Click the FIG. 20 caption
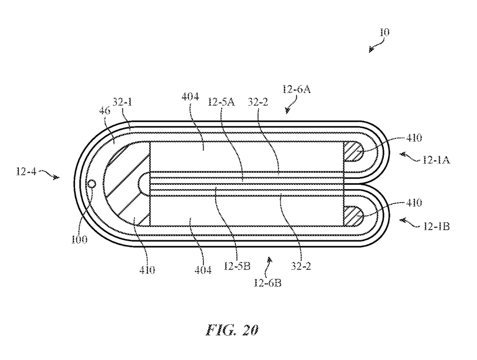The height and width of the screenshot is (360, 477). click(232, 330)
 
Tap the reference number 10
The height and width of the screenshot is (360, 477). click(384, 32)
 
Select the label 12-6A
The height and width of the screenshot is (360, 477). click(297, 89)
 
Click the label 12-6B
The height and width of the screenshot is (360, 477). click(267, 283)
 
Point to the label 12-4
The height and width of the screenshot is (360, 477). click(26, 172)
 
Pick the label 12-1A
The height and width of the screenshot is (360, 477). click(436, 160)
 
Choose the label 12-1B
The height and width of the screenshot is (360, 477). click(436, 226)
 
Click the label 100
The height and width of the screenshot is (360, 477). click(79, 239)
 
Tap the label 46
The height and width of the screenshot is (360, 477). click(104, 111)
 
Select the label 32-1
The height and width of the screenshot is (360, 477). click(123, 102)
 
